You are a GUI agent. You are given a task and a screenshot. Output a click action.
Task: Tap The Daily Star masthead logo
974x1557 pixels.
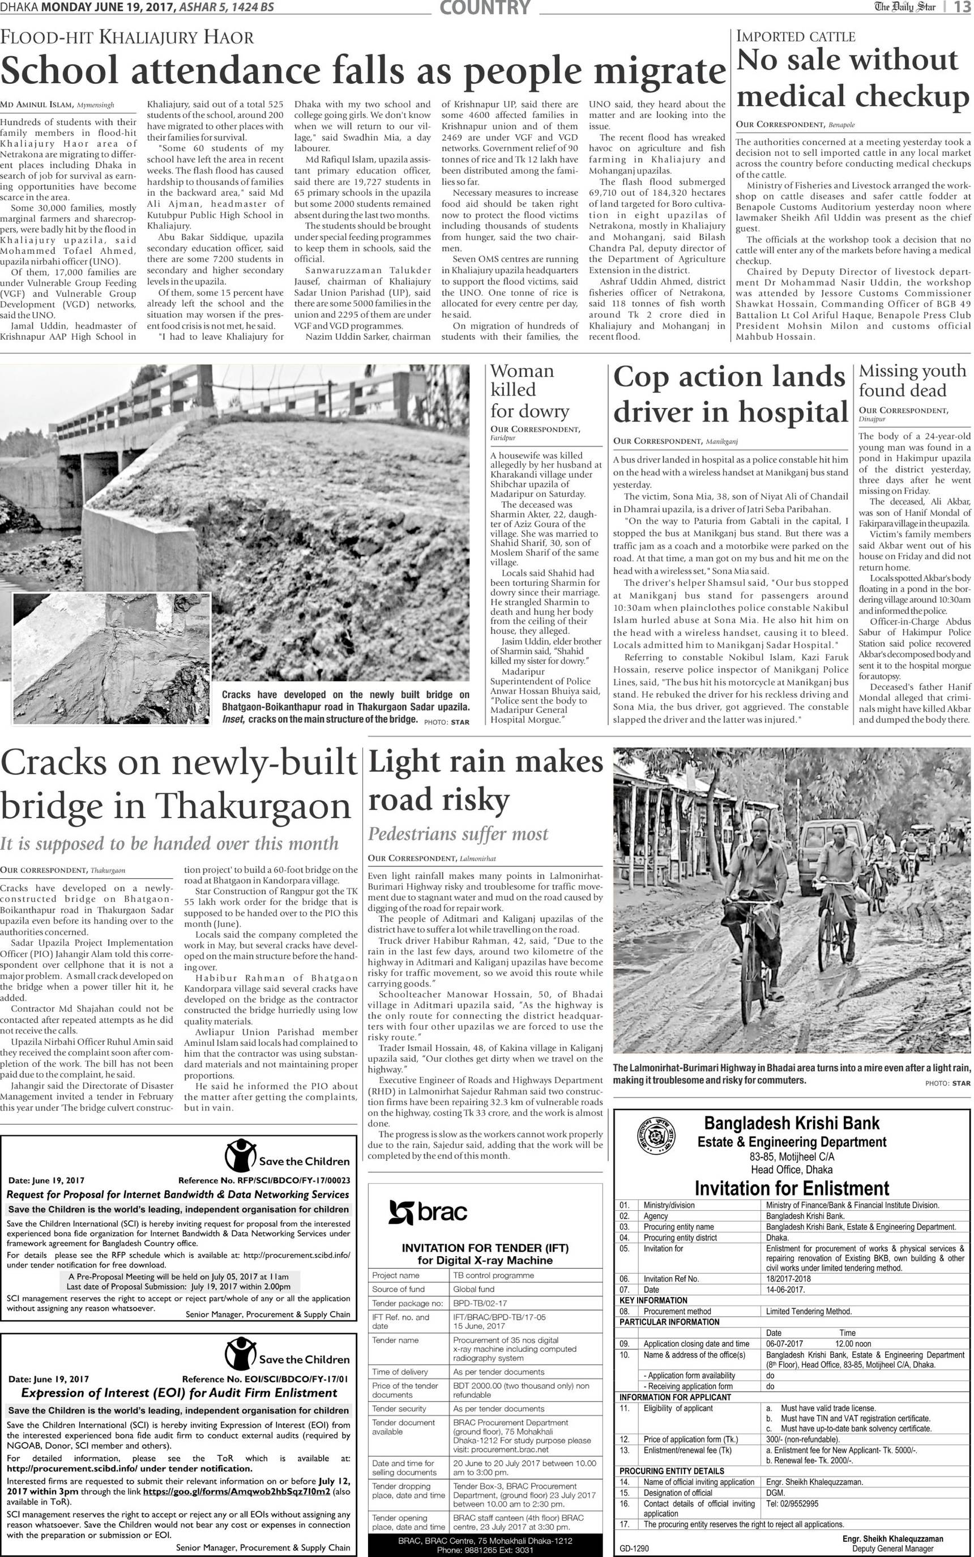coord(904,7)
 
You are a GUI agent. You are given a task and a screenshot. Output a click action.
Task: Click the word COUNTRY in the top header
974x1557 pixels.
coord(485,8)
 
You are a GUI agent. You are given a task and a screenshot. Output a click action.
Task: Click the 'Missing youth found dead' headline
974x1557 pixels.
coord(912,380)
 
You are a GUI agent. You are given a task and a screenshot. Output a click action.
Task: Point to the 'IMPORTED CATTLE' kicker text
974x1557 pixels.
coord(796,37)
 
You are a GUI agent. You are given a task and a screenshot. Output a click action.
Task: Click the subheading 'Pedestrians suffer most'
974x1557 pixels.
coord(458,834)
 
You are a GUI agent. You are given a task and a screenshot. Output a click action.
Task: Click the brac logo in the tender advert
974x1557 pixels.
coord(428,1212)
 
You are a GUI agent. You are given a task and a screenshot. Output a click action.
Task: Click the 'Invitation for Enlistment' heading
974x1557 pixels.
coord(792,1188)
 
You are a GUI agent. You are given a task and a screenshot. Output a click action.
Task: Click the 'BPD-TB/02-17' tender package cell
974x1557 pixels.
coord(480,1303)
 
